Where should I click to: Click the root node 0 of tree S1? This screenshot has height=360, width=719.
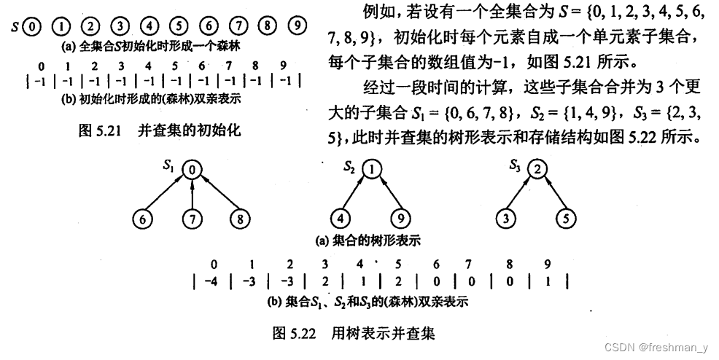tap(191, 171)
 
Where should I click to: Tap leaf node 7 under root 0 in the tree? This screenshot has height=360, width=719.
tap(191, 218)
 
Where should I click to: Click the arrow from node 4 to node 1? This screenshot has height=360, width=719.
tap(356, 194)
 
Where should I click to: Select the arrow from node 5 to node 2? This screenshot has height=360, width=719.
tap(552, 194)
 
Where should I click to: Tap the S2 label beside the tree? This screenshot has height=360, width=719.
tap(349, 167)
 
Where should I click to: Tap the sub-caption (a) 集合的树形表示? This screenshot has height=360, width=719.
tap(367, 240)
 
